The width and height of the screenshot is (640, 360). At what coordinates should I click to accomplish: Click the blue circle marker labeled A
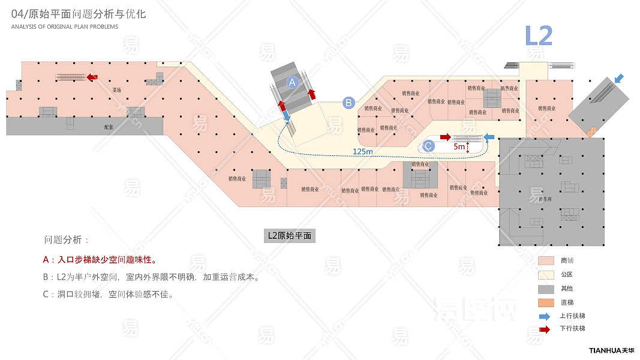click(x=292, y=82)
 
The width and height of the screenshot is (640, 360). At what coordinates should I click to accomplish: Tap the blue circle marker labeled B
click(x=348, y=103)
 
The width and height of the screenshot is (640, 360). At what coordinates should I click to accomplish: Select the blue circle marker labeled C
click(x=428, y=145)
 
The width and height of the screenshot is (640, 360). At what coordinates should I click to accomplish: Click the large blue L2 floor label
click(x=538, y=36)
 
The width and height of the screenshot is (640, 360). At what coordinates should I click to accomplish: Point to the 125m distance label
click(x=362, y=151)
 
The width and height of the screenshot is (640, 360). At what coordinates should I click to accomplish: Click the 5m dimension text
click(x=459, y=146)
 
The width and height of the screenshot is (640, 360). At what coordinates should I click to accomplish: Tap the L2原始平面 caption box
click(x=290, y=236)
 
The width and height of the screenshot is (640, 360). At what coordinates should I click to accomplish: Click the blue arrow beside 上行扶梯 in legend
click(x=545, y=316)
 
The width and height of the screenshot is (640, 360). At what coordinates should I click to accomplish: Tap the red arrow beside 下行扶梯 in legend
click(x=545, y=329)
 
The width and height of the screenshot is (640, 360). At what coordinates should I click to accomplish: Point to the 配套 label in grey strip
click(x=108, y=127)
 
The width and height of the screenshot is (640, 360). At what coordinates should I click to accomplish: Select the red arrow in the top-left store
click(x=92, y=77)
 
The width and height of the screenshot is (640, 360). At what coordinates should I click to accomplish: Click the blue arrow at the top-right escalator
click(x=619, y=79)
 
